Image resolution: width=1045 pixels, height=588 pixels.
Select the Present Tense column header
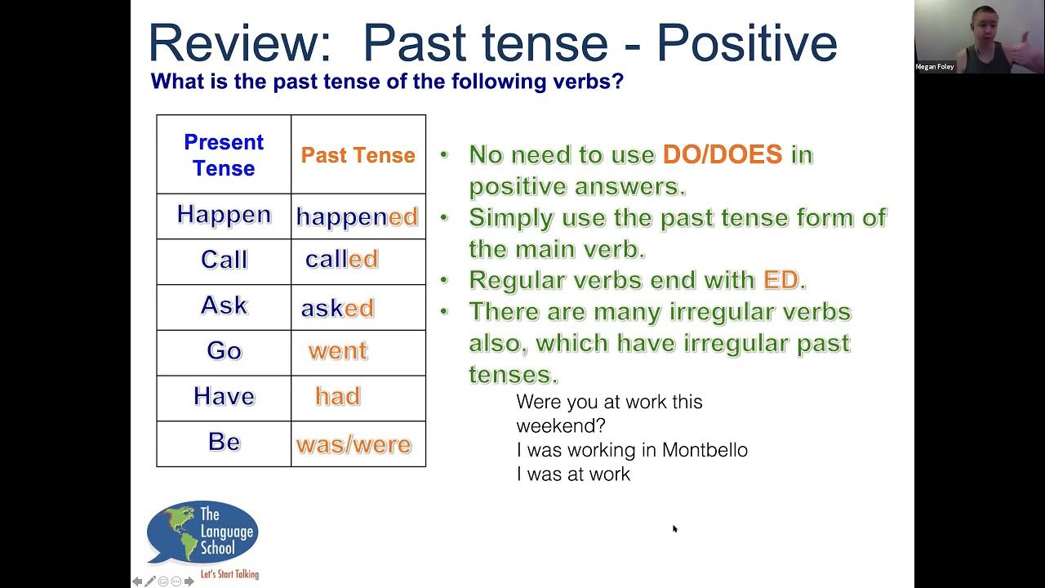pos(224,154)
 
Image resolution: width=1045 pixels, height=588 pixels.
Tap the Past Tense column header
pos(358,155)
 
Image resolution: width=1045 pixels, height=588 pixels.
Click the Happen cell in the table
pos(224,215)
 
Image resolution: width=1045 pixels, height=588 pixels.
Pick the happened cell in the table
pos(358,216)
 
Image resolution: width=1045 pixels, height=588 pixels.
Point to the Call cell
pos(224,260)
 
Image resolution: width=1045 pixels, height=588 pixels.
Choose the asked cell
pos(338,308)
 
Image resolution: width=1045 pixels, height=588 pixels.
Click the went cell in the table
pos(338,351)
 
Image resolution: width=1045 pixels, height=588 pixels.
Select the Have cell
pos(224,397)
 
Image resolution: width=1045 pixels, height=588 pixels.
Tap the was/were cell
pos(354,444)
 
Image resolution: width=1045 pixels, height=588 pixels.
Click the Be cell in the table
pos(224,442)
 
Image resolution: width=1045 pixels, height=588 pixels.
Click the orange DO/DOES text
pos(723,154)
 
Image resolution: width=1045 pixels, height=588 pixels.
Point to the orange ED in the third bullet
pos(780,280)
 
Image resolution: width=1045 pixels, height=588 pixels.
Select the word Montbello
pos(705,450)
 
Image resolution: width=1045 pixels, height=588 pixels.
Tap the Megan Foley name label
pos(935,67)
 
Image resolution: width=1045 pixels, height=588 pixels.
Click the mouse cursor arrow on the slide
pos(675,529)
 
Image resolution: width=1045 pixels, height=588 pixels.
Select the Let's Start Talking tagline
pos(229,574)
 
